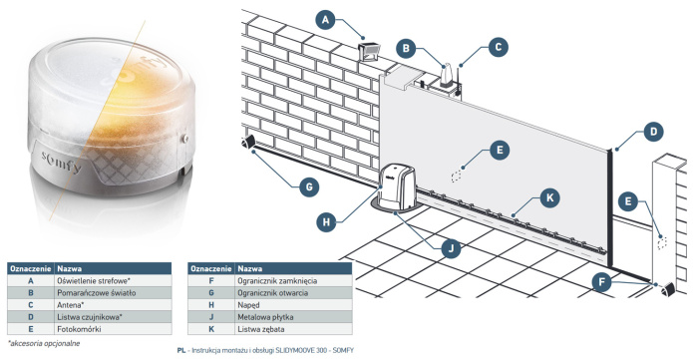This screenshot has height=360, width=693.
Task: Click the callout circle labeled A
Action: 326,20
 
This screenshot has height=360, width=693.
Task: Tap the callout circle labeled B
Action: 406,48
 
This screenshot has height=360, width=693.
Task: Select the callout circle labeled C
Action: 499,47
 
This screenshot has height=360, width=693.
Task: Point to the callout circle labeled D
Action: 653,132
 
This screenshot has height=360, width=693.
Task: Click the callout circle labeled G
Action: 309,187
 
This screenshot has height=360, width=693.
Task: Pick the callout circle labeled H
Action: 326,221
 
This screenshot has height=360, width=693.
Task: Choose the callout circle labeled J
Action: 451,249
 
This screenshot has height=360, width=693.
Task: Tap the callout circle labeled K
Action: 549,197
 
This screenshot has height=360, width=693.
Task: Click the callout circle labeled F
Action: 601,282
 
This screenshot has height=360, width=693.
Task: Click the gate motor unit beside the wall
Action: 397,186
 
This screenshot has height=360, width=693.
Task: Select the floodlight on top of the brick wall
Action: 369,51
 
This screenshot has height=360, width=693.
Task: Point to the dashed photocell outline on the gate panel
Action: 456,177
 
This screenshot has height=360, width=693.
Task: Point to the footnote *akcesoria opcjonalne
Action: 44,343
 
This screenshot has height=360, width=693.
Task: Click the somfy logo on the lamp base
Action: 62,162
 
